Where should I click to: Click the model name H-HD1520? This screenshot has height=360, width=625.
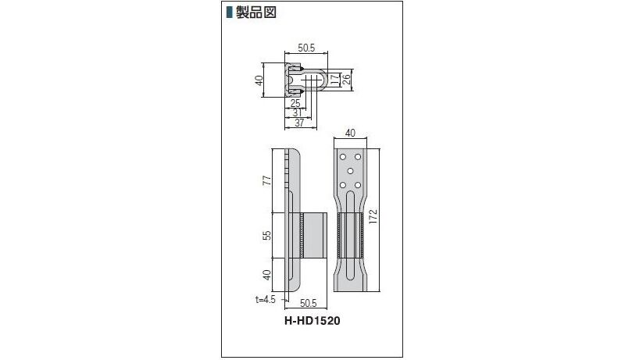pyautogui.click(x=312, y=321)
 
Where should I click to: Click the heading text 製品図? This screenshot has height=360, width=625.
pyautogui.click(x=256, y=12)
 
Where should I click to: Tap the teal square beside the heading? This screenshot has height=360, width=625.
pyautogui.click(x=229, y=12)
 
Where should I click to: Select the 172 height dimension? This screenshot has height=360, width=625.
pyautogui.click(x=373, y=216)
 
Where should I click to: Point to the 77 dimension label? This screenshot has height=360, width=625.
pyautogui.click(x=267, y=180)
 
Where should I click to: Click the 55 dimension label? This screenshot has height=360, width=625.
pyautogui.click(x=267, y=235)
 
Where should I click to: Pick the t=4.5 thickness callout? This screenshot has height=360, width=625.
pyautogui.click(x=266, y=299)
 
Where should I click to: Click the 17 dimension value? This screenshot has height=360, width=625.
pyautogui.click(x=335, y=79)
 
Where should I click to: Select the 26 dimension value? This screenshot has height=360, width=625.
pyautogui.click(x=346, y=79)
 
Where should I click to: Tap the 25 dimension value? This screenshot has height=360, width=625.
pyautogui.click(x=295, y=104)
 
